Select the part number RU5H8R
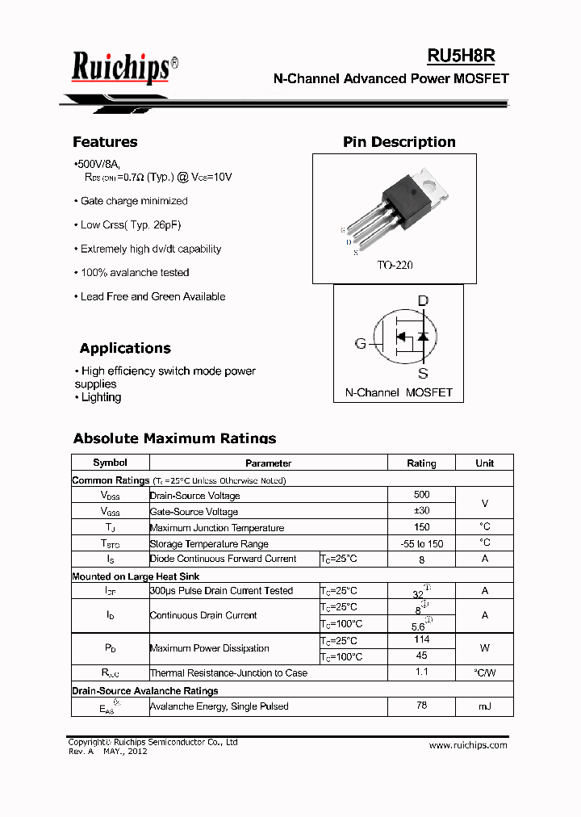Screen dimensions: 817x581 point(461,56)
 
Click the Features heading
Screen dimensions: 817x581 point(105,142)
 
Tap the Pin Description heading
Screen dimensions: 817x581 point(399,142)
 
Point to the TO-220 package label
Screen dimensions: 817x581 point(395,266)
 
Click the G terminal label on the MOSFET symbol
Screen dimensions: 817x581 point(361,344)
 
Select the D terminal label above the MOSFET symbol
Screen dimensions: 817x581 point(422,301)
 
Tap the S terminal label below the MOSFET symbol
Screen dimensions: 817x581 point(422,373)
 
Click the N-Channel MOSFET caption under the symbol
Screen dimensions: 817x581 point(399,392)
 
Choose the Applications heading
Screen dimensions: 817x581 point(125,349)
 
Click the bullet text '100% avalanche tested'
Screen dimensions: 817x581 point(135,273)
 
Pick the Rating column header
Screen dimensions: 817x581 point(421,463)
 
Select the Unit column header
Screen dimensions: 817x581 point(484,463)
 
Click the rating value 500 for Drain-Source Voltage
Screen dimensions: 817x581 point(421,495)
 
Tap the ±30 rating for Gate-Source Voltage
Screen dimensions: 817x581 point(421,511)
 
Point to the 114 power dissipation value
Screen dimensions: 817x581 point(421,639)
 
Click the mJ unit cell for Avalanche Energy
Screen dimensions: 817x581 point(484,706)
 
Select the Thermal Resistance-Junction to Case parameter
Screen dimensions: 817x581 point(228,673)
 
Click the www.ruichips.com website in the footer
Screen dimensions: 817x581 point(468,745)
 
